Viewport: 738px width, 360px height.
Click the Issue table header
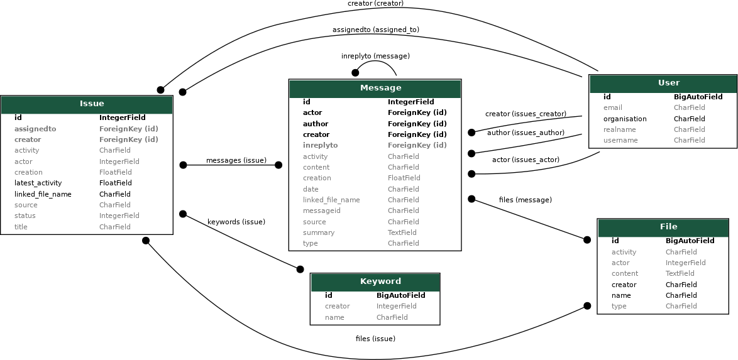(x=92, y=104)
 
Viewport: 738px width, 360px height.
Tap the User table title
(x=668, y=83)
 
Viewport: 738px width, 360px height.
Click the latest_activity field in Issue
(x=38, y=183)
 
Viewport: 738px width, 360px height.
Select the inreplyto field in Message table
(x=320, y=145)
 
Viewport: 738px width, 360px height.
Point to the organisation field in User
(x=624, y=119)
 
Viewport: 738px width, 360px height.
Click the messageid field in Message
(x=321, y=210)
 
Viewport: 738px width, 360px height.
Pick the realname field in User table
(x=619, y=129)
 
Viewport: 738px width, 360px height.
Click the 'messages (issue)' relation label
(x=236, y=160)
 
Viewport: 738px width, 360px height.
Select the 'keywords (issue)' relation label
(x=236, y=222)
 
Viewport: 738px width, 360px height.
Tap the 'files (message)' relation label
(x=525, y=200)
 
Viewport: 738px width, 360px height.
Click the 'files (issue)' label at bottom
(x=375, y=339)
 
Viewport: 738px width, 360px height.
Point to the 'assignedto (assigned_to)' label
(x=375, y=30)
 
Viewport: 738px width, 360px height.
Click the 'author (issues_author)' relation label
(x=526, y=133)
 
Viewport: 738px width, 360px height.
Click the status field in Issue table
(x=25, y=215)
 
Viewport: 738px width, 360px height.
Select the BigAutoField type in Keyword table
(x=400, y=295)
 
